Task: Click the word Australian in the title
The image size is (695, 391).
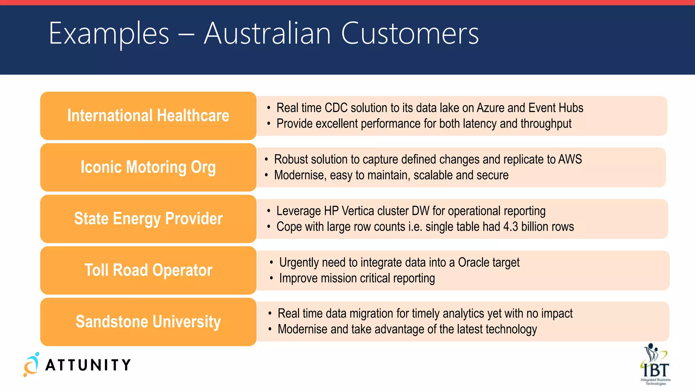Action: pos(267,33)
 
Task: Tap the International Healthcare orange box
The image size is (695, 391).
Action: pos(148,116)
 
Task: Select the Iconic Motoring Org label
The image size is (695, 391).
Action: pos(148,167)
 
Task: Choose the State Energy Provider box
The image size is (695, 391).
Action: pos(148,219)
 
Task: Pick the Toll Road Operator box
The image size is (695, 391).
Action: pos(148,271)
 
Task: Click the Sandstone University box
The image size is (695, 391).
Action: pos(148,322)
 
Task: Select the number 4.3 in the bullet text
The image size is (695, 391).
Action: pos(511,227)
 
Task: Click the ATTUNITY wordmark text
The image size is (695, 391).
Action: pos(88,365)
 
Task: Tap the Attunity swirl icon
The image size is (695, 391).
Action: pos(31,365)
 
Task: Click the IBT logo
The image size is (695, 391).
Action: pos(655,365)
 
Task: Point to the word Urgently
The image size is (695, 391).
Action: pos(299,263)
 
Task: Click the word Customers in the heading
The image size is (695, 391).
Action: pos(410,33)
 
